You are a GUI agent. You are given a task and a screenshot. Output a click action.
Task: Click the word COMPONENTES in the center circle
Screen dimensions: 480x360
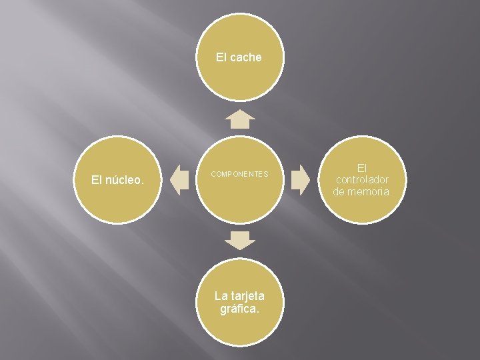tap(239, 175)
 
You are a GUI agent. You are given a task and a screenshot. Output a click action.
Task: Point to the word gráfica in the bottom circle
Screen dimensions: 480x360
tap(239, 309)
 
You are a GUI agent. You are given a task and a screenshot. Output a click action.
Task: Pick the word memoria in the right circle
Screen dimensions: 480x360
tap(375, 192)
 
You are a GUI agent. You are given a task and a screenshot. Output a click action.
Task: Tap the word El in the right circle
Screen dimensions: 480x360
tap(362, 167)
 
